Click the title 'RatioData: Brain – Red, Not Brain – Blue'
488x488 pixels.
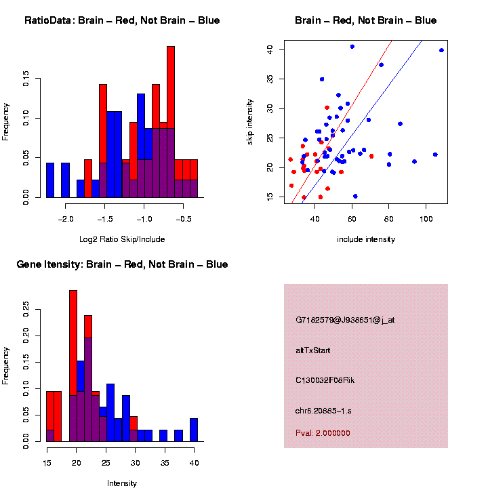tap(122, 21)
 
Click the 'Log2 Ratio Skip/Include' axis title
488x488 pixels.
tap(122, 239)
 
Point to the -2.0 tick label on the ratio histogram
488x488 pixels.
tap(66, 220)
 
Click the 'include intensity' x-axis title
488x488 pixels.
tap(366, 239)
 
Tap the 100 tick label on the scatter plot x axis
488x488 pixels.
tap(426, 220)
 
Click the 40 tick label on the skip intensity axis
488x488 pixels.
tap(270, 49)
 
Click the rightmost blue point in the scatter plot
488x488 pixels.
tap(441, 50)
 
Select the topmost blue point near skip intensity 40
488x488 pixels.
tap(352, 47)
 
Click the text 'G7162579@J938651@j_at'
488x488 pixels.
tap(345, 320)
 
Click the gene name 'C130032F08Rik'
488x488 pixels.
tap(325, 380)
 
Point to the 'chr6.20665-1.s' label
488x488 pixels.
tap(323, 411)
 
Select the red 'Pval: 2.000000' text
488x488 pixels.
tap(323, 432)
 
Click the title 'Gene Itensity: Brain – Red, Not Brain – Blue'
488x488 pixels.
tap(122, 264)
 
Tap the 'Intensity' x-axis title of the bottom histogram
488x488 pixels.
tap(122, 483)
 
